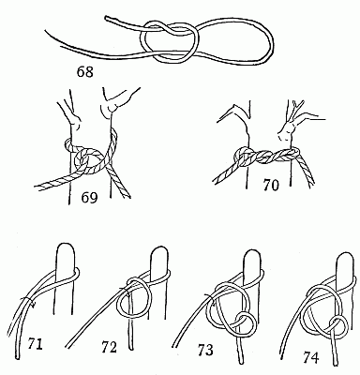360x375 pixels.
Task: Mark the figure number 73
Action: coord(202,351)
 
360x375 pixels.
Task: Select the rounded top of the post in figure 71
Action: coord(65,249)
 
